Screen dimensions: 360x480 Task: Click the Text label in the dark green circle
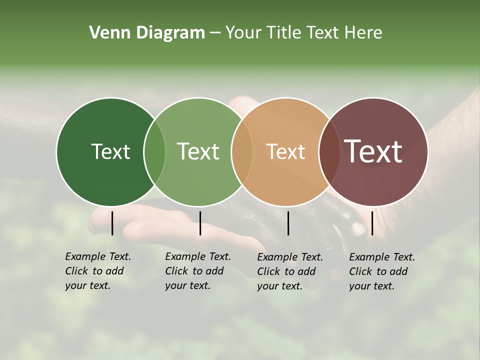point(110,151)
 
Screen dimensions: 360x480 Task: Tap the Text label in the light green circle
point(198,151)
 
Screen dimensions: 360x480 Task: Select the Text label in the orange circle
point(285,151)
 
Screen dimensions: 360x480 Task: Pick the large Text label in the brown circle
point(373,151)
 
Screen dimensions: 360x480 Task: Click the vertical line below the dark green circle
point(112,223)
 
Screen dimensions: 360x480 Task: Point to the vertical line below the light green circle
point(200,223)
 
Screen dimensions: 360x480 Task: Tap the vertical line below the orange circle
point(288,223)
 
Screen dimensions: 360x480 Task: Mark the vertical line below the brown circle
point(372,223)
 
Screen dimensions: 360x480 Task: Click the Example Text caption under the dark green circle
point(98,271)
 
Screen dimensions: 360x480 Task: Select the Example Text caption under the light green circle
point(198,271)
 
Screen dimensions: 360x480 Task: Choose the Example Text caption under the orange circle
point(290,271)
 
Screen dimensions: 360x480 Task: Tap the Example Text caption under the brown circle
point(382,271)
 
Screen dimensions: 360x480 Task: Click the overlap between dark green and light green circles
point(154,151)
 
